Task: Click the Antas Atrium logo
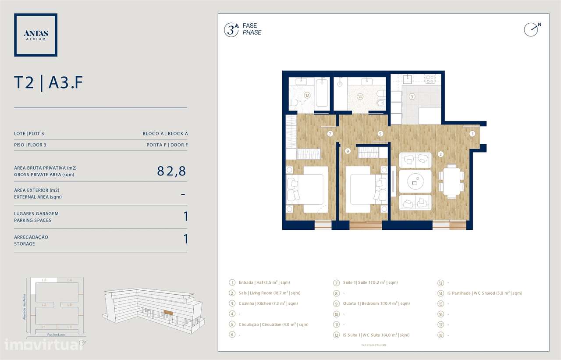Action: pyautogui.click(x=36, y=35)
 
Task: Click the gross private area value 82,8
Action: pyautogui.click(x=171, y=171)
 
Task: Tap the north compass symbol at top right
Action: pyautogui.click(x=531, y=29)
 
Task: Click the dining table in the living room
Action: pyautogui.click(x=451, y=180)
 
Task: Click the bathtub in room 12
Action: pyautogui.click(x=322, y=93)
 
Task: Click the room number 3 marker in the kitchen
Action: pyautogui.click(x=412, y=96)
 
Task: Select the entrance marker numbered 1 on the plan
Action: pyautogui.click(x=472, y=133)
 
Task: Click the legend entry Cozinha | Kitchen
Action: pyautogui.click(x=268, y=303)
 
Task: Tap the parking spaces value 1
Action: pyautogui.click(x=186, y=216)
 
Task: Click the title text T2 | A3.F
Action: pyautogui.click(x=48, y=83)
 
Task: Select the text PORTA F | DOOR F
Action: pyautogui.click(x=167, y=145)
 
